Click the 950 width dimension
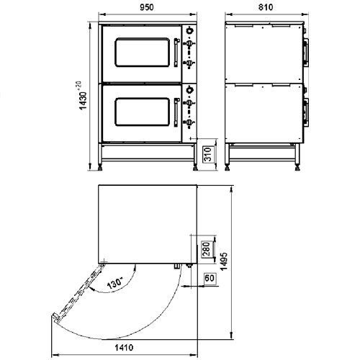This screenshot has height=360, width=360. (146, 7)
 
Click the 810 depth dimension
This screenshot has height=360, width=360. (266, 7)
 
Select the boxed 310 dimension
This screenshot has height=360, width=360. (208, 154)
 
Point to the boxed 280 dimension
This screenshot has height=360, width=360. (207, 249)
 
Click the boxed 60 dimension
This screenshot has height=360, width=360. (210, 278)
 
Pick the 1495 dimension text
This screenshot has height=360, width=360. (224, 261)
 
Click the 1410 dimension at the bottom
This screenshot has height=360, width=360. (124, 348)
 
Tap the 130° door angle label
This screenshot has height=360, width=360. (114, 283)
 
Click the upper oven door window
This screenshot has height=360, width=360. (143, 52)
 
